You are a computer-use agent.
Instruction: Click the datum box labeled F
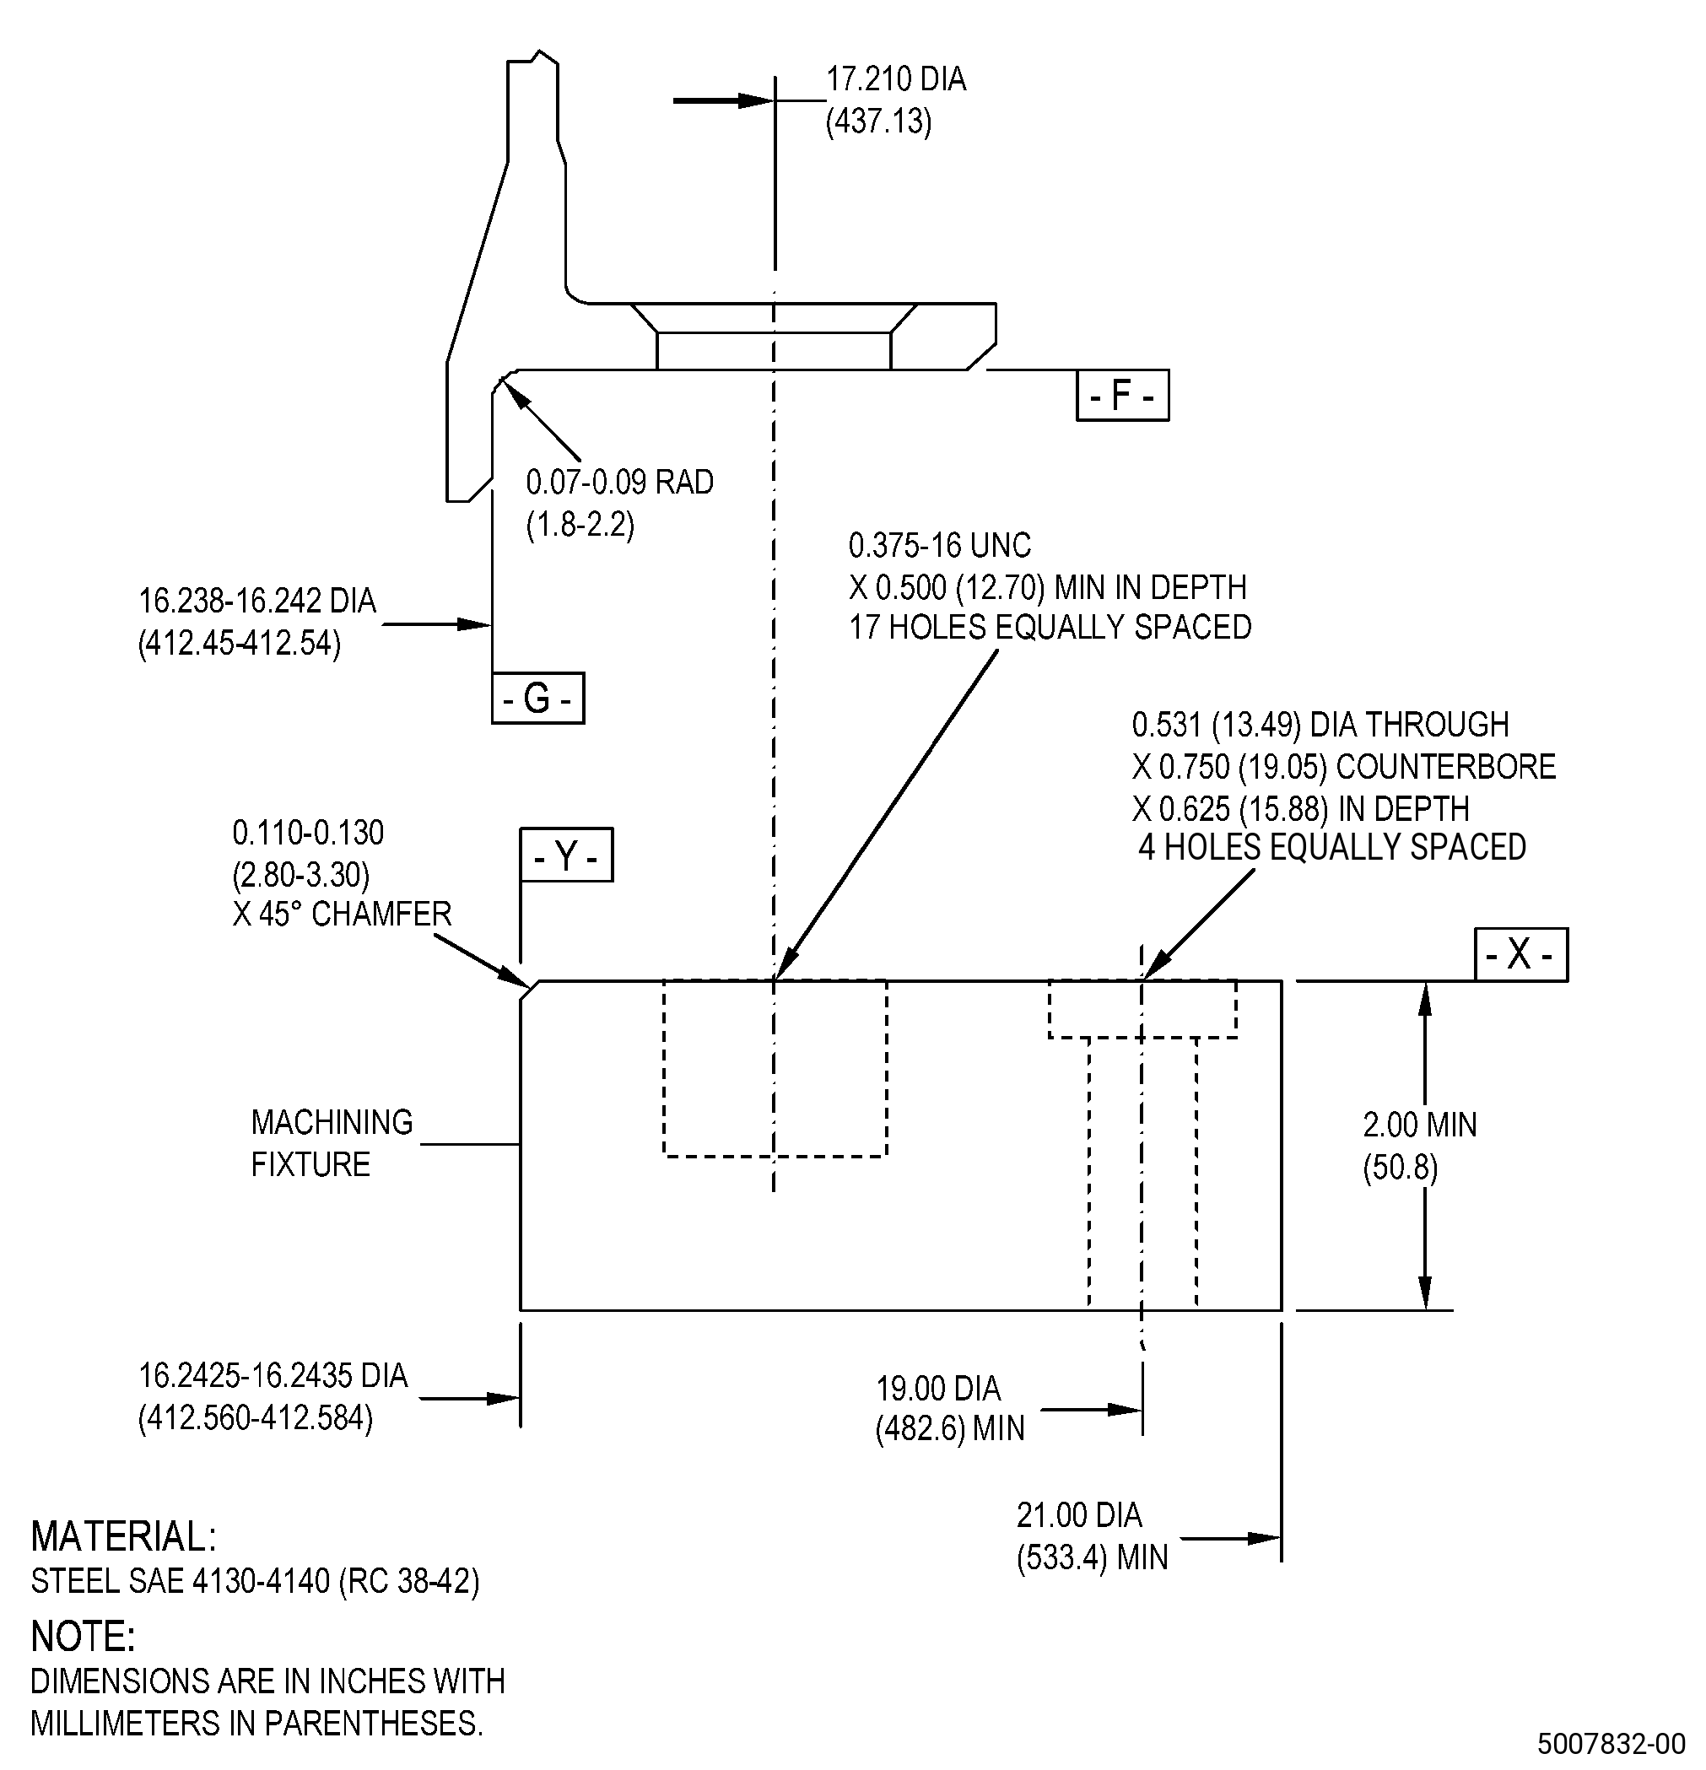(1123, 395)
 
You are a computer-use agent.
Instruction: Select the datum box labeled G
(537, 698)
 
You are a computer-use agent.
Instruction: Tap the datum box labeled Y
(566, 855)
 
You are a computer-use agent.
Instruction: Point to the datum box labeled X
(1521, 954)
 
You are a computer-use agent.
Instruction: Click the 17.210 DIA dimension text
(896, 79)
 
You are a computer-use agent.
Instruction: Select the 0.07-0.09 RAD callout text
(619, 483)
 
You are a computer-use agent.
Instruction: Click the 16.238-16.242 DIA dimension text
(257, 602)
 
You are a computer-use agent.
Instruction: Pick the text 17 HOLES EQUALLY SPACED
(1050, 627)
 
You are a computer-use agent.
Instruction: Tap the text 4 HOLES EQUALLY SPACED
(1332, 847)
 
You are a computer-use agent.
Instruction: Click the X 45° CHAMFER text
(342, 915)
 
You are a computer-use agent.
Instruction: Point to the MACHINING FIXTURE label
(332, 1143)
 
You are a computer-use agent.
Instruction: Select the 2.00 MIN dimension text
(1420, 1125)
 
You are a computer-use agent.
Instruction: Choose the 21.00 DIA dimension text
(1079, 1515)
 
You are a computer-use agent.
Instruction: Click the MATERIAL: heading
(124, 1536)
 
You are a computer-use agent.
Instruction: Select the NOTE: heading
(83, 1637)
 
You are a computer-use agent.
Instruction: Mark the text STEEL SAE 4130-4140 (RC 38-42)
(256, 1581)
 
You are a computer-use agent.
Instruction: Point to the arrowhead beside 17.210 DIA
(756, 100)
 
